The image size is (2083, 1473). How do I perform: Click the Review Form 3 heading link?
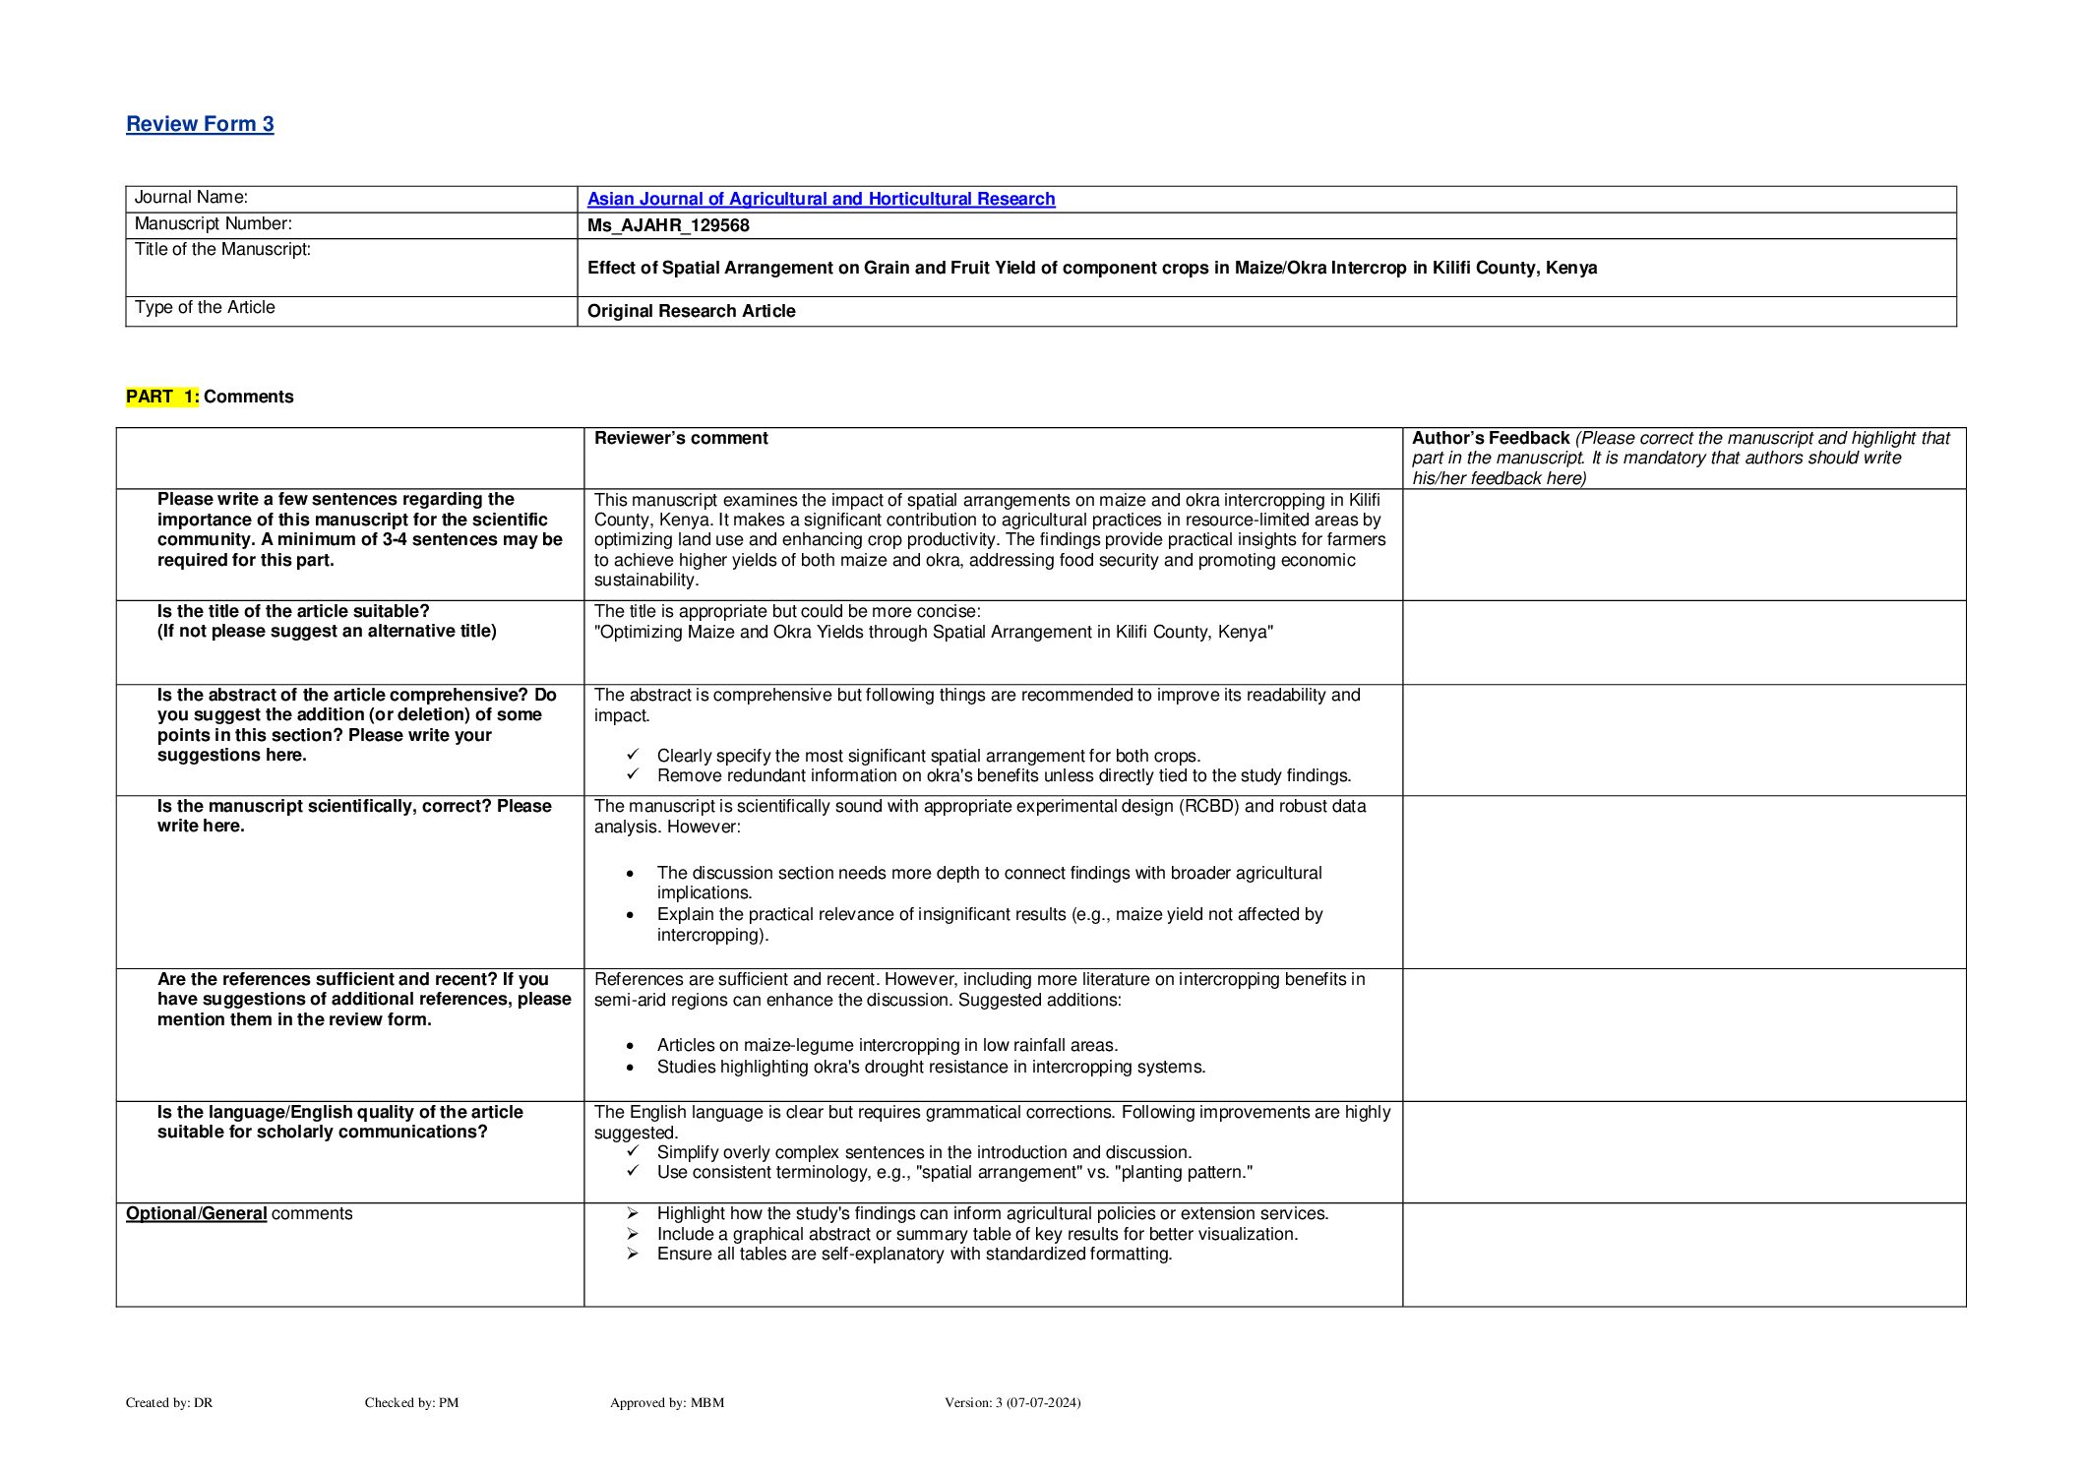[x=200, y=124]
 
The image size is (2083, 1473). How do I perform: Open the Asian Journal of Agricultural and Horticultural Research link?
[x=821, y=199]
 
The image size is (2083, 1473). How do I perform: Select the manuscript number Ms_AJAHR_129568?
[x=668, y=225]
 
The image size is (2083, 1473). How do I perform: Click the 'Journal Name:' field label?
[x=191, y=198]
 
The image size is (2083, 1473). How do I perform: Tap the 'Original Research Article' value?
[x=691, y=311]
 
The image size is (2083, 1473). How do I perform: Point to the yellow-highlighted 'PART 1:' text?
[x=162, y=397]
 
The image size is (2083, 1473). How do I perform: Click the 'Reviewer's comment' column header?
[x=681, y=438]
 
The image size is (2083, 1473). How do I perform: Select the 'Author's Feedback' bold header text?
[x=1490, y=438]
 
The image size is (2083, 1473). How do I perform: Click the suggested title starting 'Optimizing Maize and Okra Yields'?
[x=933, y=632]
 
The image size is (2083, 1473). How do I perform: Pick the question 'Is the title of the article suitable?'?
[x=293, y=611]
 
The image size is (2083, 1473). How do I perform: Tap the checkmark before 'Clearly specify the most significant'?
[x=633, y=755]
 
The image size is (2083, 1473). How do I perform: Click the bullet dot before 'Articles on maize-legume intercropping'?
[x=631, y=1046]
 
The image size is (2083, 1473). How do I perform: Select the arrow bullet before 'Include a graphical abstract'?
[x=633, y=1234]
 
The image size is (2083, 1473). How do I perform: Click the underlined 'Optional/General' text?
[x=196, y=1213]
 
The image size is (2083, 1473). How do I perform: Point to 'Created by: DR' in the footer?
[x=169, y=1402]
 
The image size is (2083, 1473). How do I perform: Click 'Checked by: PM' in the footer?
[x=411, y=1402]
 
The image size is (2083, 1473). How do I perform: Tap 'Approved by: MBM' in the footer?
[x=667, y=1402]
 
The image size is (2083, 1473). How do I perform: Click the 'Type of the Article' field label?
[x=205, y=307]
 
